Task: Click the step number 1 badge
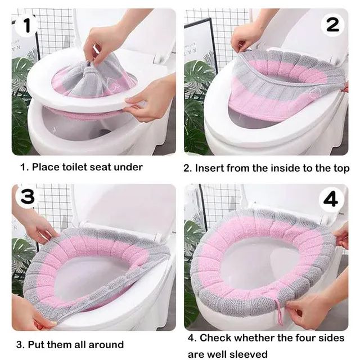pyautogui.click(x=26, y=26)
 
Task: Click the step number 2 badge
pyautogui.click(x=332, y=25)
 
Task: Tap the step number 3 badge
pyautogui.click(x=28, y=197)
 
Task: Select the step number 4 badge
pyautogui.click(x=331, y=200)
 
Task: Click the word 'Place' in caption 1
pyautogui.click(x=46, y=167)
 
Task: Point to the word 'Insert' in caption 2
pyautogui.click(x=209, y=168)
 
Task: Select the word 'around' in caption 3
pyautogui.click(x=106, y=345)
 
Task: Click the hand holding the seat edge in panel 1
pyautogui.click(x=149, y=99)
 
